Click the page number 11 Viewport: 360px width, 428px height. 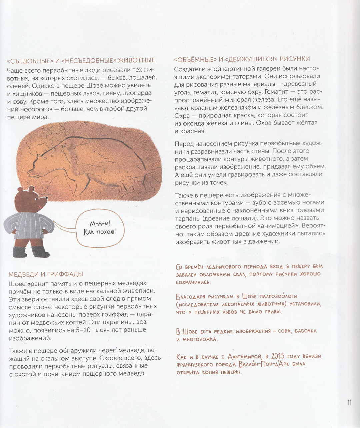(x=349, y=402)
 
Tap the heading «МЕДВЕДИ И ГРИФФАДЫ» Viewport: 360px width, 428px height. (x=46, y=274)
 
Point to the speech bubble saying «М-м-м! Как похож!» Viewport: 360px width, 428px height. (x=99, y=228)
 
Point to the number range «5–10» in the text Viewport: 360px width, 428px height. (x=87, y=330)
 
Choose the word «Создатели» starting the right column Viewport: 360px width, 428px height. (x=189, y=69)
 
